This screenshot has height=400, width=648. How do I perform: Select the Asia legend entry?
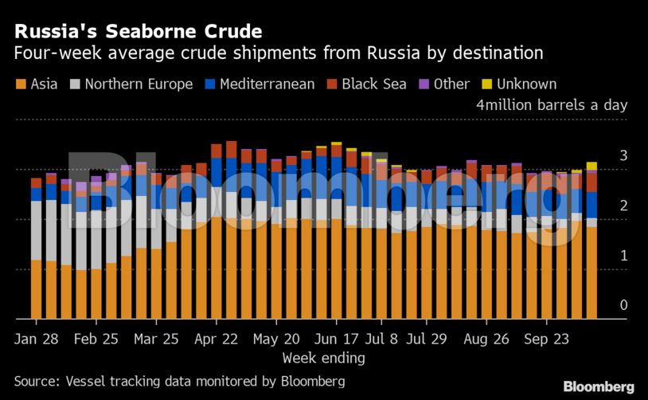(36, 84)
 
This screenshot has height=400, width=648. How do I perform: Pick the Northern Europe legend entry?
(131, 84)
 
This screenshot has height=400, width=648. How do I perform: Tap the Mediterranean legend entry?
(260, 84)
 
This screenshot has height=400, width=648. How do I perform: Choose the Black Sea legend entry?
(366, 84)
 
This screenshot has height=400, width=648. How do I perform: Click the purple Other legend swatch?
(424, 84)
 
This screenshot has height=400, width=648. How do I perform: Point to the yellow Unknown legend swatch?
(487, 84)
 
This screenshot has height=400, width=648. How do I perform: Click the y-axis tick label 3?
(624, 155)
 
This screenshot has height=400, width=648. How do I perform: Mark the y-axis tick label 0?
(624, 306)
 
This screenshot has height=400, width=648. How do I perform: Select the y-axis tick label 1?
(624, 256)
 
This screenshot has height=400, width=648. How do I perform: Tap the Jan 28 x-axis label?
(36, 338)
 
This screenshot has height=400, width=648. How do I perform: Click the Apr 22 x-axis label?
(217, 338)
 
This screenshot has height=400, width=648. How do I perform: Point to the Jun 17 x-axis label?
(337, 338)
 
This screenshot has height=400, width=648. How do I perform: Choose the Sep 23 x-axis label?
(547, 338)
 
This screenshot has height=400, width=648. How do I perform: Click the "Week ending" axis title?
(323, 358)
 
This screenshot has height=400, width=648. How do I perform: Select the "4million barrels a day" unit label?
(552, 105)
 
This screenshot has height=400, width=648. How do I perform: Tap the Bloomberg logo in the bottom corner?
(599, 386)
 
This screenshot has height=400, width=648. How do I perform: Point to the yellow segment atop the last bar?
(591, 166)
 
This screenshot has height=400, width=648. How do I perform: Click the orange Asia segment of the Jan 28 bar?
(36, 289)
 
